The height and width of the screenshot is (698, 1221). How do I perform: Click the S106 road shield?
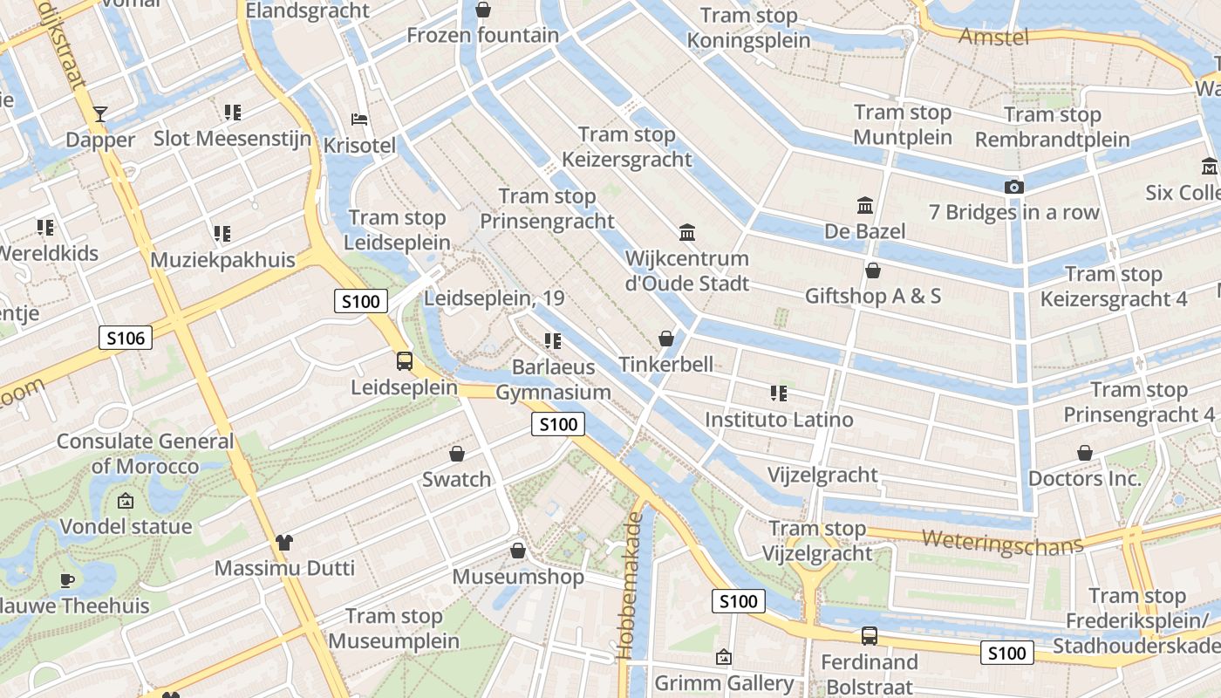click(x=126, y=338)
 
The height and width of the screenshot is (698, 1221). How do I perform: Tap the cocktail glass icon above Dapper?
click(x=100, y=114)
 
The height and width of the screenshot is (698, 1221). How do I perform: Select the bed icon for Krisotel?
click(x=359, y=120)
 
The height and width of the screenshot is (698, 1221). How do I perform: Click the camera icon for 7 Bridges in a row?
click(x=1013, y=187)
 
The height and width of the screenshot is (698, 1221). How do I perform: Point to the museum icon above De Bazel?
click(x=865, y=206)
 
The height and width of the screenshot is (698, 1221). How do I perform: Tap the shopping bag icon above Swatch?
click(x=457, y=454)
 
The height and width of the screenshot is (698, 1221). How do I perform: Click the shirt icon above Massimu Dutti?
click(x=284, y=543)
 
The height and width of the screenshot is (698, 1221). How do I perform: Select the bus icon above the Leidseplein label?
click(x=405, y=360)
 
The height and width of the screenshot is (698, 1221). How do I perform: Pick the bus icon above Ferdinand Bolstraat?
click(x=869, y=636)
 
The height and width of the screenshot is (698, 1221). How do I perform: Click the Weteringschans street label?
click(x=1002, y=541)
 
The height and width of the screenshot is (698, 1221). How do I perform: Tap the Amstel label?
click(x=993, y=37)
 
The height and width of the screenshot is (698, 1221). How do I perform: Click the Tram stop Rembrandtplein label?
click(x=1052, y=127)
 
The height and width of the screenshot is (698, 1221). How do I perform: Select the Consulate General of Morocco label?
click(x=146, y=454)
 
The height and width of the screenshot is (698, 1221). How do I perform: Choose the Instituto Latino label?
click(x=779, y=420)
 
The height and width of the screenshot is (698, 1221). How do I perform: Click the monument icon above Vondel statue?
click(x=126, y=501)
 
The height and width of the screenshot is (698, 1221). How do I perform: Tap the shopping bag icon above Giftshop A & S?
click(x=872, y=271)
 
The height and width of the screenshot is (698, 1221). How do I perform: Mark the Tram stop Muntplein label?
click(x=903, y=125)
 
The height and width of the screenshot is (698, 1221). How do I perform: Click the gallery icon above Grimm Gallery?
click(x=723, y=657)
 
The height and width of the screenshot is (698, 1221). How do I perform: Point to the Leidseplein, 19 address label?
click(x=495, y=298)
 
